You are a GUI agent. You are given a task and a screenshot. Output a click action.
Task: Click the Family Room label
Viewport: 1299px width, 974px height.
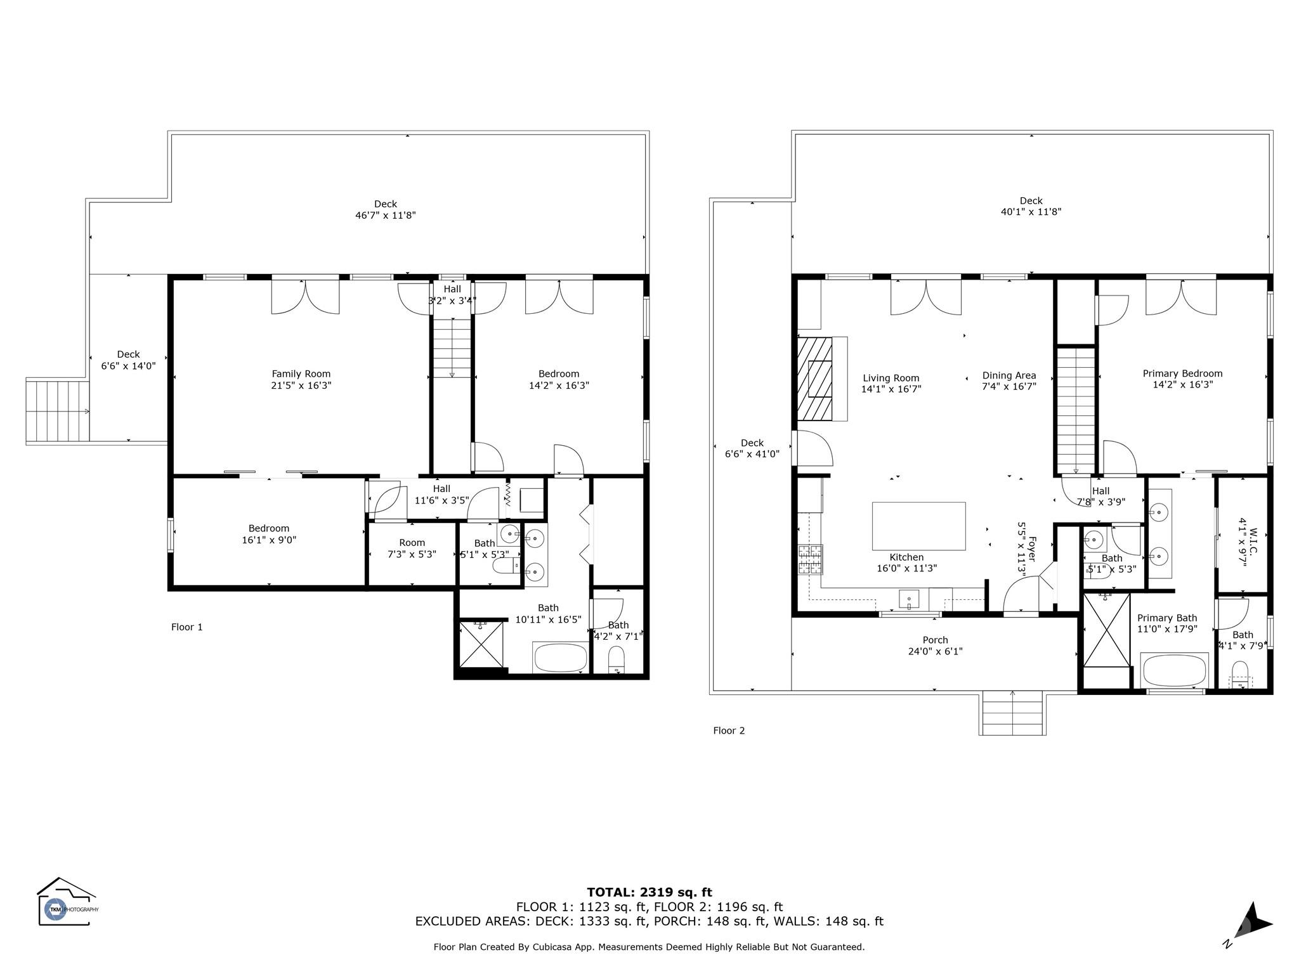click(x=301, y=374)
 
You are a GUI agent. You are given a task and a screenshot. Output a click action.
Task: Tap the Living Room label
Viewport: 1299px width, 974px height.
click(x=891, y=378)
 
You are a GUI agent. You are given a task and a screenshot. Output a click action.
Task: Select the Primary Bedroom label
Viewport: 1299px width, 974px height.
click(x=1182, y=373)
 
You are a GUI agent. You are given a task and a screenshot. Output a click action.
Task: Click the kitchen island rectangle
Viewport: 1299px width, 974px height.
click(x=918, y=526)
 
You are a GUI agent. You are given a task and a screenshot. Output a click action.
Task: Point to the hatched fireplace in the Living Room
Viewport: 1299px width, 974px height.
click(x=815, y=379)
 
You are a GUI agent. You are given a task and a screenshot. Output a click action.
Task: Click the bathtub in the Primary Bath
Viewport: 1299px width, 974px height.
click(x=1173, y=671)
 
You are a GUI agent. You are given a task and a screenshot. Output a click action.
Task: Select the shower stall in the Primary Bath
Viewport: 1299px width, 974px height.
click(x=1106, y=630)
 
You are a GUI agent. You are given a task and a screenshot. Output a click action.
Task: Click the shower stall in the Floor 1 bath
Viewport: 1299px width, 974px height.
click(x=480, y=644)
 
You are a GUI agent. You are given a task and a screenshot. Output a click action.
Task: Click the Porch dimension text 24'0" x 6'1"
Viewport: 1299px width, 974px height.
click(x=935, y=651)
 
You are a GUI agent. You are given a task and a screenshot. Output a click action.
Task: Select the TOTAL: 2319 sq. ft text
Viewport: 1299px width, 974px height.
click(x=649, y=893)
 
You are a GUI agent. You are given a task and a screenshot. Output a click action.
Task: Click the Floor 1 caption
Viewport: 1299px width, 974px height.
click(x=187, y=627)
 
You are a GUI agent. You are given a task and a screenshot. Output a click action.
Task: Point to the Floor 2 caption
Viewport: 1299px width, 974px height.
click(x=729, y=730)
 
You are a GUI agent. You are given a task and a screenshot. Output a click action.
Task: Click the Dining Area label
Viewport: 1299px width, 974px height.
click(x=1009, y=375)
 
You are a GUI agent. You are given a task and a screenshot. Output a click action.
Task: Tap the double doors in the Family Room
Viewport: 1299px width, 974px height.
click(x=305, y=295)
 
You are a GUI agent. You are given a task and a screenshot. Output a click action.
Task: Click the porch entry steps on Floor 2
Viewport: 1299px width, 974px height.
click(x=1012, y=713)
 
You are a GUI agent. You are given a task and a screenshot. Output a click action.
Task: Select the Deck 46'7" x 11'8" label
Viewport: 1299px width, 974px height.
click(x=386, y=210)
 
